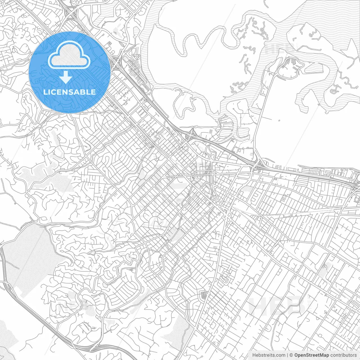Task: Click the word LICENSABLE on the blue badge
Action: [69, 92]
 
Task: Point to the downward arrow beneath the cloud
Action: [66, 77]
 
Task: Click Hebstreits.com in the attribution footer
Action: [269, 355]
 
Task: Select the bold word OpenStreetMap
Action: [312, 355]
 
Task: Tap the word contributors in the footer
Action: [343, 355]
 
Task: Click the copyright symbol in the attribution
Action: [291, 355]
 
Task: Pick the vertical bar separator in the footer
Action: [287, 355]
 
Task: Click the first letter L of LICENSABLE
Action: [45, 92]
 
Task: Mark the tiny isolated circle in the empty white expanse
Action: [279, 121]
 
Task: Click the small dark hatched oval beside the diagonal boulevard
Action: [203, 295]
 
